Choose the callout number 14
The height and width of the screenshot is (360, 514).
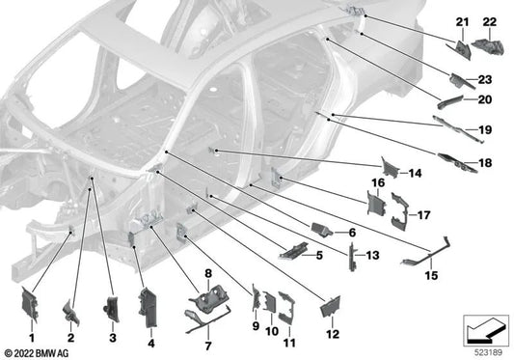416,174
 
